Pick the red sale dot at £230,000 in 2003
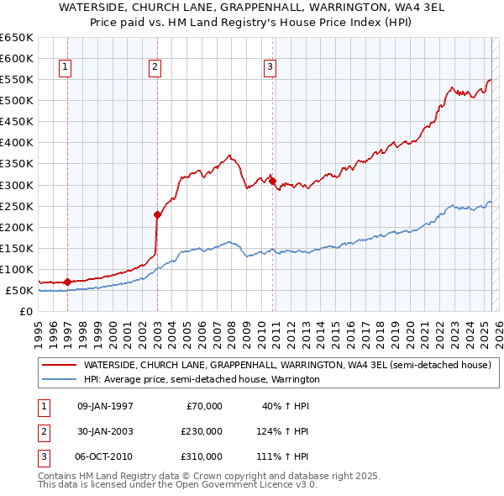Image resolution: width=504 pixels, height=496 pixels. (x=157, y=214)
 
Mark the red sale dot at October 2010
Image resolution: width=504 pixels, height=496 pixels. (x=272, y=180)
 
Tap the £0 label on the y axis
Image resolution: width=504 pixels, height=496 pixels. (x=26, y=312)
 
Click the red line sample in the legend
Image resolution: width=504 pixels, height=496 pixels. (x=58, y=366)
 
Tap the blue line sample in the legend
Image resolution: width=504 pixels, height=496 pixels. (x=58, y=380)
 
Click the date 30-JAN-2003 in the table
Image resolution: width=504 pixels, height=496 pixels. (x=105, y=431)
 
